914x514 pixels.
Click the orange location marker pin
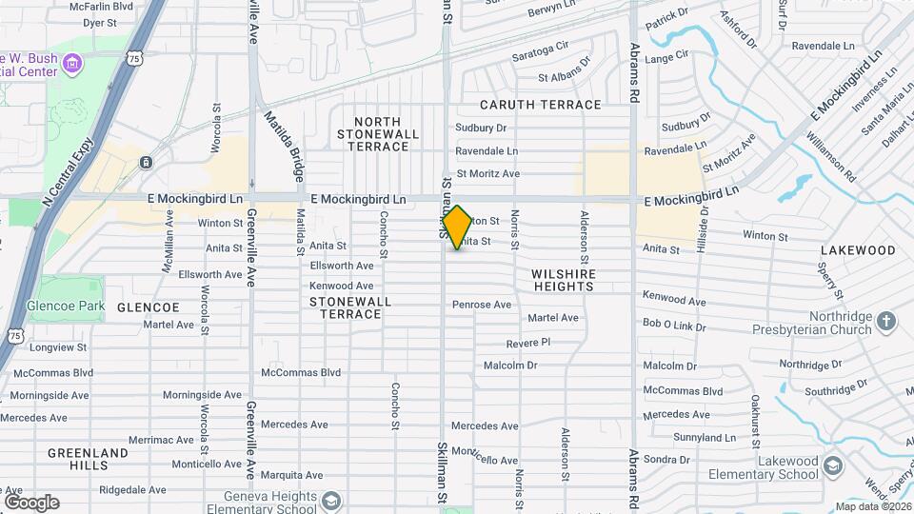[x=457, y=227]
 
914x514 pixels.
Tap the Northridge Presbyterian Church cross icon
[x=886, y=320]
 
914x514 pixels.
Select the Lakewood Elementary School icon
[x=833, y=465]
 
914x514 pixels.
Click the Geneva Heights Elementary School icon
[x=330, y=501]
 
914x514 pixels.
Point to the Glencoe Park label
[x=78, y=306]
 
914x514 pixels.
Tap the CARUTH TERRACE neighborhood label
[x=541, y=105]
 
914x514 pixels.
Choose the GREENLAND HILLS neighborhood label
[x=88, y=459]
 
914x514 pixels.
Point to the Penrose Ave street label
[x=482, y=305]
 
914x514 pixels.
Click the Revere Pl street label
[x=528, y=342]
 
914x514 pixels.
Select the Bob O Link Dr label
[x=674, y=325]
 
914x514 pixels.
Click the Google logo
[x=31, y=503]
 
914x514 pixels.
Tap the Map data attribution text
[x=872, y=506]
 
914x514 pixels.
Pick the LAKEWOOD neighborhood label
[x=858, y=250]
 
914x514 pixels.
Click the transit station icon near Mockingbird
[x=146, y=163]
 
